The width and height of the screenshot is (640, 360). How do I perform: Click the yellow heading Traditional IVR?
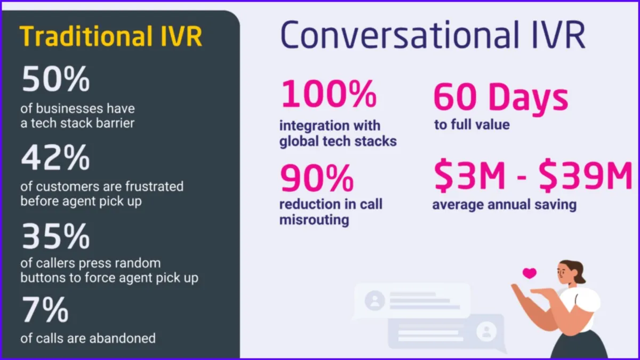point(111,36)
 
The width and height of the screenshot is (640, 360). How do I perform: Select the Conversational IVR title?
point(433,35)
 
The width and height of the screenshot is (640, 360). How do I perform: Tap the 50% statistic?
point(55,78)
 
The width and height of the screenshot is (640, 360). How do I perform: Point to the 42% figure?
point(55,157)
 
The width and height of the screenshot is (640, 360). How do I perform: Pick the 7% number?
point(45,310)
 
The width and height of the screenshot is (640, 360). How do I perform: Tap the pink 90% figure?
point(317,178)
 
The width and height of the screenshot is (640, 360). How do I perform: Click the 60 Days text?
point(501,97)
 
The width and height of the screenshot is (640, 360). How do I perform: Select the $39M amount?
point(586,175)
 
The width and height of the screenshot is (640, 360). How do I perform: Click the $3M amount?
point(469,175)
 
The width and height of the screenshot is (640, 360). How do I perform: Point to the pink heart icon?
point(530,273)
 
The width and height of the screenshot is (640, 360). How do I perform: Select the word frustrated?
point(154,186)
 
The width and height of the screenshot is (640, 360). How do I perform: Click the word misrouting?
point(314,220)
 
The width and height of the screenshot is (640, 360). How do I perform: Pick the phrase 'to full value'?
point(471,125)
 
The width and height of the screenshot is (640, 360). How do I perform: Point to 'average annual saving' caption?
point(505,205)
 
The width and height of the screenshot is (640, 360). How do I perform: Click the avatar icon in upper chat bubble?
point(374,300)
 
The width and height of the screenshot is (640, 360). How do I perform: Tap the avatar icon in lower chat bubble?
point(486,331)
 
